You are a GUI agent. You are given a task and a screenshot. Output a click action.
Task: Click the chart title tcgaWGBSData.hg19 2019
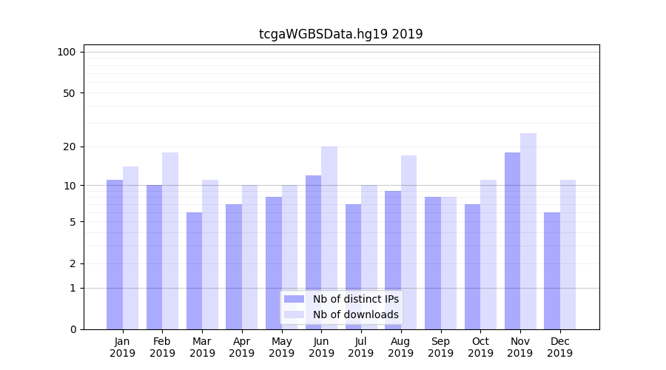click(x=340, y=34)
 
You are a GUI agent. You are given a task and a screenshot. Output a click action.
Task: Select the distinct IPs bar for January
click(x=115, y=255)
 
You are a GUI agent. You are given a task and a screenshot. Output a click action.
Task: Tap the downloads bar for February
click(x=170, y=240)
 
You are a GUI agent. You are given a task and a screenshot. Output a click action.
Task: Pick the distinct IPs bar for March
click(x=194, y=271)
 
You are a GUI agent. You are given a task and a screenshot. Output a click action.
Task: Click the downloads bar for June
click(x=329, y=238)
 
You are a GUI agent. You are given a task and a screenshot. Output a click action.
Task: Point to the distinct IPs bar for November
click(x=512, y=240)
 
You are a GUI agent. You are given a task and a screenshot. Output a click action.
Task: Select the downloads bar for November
click(x=528, y=231)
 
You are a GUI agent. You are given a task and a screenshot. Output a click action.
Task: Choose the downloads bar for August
click(x=408, y=242)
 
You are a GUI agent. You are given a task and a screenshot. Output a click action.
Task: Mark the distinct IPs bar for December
click(x=552, y=271)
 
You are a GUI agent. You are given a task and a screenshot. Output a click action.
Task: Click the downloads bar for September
click(x=448, y=263)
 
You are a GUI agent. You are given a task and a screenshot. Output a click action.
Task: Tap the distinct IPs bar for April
click(x=234, y=266)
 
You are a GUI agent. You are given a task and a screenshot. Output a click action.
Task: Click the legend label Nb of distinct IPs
click(x=355, y=299)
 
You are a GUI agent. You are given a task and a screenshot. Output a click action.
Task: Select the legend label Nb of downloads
click(x=355, y=314)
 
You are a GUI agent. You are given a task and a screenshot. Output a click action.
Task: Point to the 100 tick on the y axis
click(x=67, y=52)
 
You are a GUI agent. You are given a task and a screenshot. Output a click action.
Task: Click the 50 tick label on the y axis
click(x=69, y=93)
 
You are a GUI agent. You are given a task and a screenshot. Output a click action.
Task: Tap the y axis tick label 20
click(x=69, y=147)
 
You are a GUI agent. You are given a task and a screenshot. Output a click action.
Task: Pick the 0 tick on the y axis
click(x=73, y=329)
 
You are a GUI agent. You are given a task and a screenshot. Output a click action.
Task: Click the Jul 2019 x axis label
click(x=361, y=347)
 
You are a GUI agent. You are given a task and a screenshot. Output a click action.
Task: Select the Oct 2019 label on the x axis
click(x=480, y=347)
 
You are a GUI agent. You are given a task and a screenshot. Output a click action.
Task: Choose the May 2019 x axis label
click(x=281, y=347)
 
